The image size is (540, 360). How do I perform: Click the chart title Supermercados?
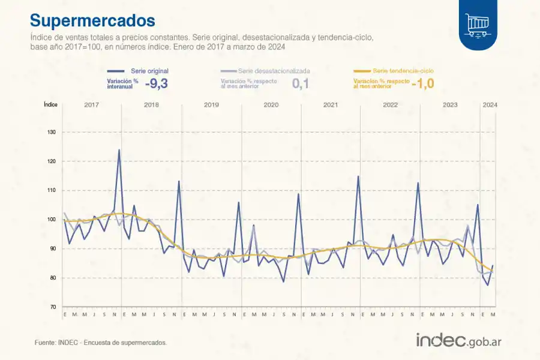[92, 20]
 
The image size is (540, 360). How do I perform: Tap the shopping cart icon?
[478, 25]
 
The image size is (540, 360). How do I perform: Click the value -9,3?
[156, 84]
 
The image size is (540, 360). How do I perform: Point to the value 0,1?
[301, 84]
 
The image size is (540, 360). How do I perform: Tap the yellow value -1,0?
[422, 84]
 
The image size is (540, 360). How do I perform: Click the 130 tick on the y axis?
[52, 133]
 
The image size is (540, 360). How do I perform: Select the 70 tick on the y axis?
[53, 307]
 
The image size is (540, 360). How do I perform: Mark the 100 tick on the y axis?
[52, 220]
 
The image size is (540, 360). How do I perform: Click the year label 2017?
[91, 105]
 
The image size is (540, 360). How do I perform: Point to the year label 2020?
[271, 105]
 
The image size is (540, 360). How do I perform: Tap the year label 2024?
[489, 105]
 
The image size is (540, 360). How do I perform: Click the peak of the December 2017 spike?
[119, 150]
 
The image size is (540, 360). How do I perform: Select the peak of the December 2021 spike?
[358, 176]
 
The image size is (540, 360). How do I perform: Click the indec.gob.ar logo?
[459, 340]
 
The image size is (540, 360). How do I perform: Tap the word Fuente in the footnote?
[45, 343]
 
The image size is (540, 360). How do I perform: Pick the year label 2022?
[390, 105]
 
